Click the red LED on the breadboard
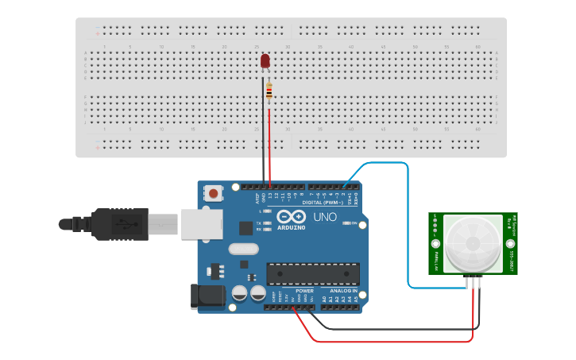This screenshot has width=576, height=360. pyautogui.click(x=265, y=60)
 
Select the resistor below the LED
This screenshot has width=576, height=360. pyautogui.click(x=269, y=92)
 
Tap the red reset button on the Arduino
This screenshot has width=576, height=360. pyautogui.click(x=214, y=192)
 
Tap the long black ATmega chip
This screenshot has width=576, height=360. pyautogui.click(x=312, y=273)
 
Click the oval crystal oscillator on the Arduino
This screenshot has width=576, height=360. pyautogui.click(x=243, y=249)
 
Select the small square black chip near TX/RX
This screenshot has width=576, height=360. pyautogui.click(x=245, y=227)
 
